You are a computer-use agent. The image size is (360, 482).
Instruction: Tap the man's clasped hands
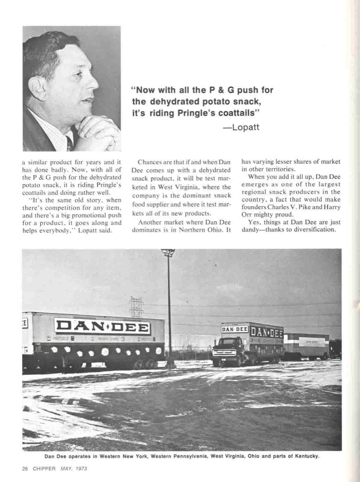[x=94, y=135]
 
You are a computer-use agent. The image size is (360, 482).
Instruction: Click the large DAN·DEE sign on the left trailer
[x=102, y=327]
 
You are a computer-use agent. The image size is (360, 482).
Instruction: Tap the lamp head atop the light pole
[x=168, y=253]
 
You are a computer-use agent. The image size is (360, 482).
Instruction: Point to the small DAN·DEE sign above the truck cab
[x=235, y=329]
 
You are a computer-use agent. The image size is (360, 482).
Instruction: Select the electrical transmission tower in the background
[x=136, y=307]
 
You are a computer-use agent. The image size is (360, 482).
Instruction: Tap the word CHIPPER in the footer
[x=44, y=468]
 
